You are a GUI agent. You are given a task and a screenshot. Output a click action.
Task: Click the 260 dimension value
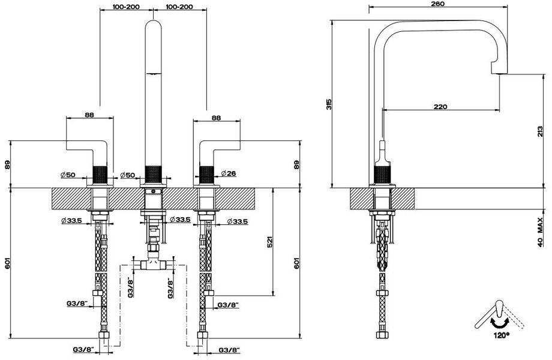(x=437, y=4)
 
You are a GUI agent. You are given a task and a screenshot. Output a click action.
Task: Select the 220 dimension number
(x=440, y=107)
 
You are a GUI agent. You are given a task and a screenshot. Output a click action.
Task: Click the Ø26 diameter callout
(x=227, y=174)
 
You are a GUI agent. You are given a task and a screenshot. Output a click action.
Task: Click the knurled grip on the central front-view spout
(x=152, y=175)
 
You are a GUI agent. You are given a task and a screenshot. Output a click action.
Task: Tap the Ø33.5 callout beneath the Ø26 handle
(x=239, y=221)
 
